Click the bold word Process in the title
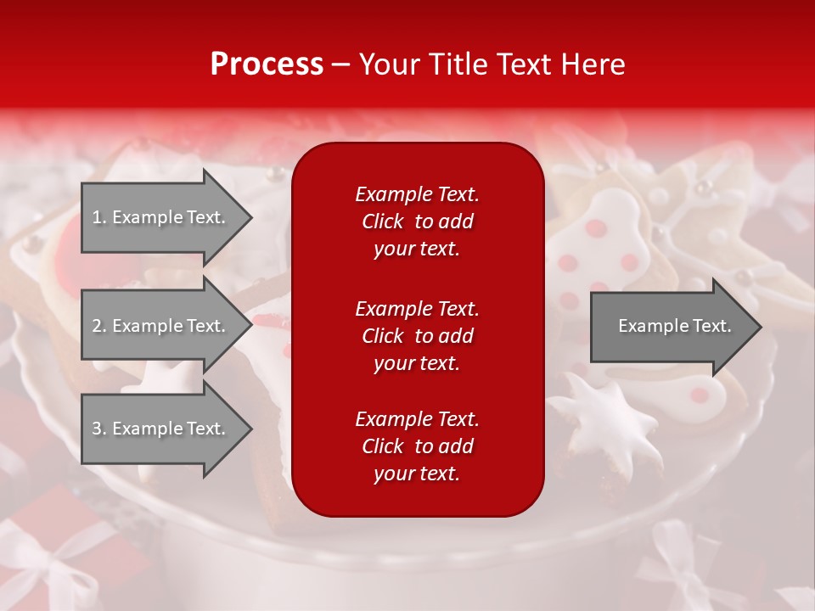pos(267,64)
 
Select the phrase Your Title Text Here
pos(492,64)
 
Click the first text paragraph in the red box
pos(417,221)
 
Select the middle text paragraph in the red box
pos(417,336)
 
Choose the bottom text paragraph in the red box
pos(417,446)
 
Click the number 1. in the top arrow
pos(99,217)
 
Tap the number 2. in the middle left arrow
pos(99,326)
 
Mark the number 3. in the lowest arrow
pos(99,429)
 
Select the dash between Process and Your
pos(341,64)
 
